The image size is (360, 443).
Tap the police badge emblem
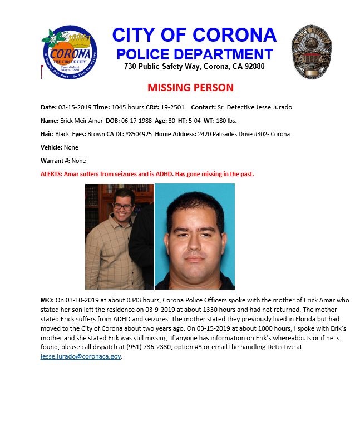tap(312, 51)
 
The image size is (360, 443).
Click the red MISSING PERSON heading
tap(190, 88)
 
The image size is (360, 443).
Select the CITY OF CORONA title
tap(194, 35)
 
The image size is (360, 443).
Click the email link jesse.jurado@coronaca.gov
tap(81, 356)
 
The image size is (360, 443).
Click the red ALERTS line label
tap(53, 174)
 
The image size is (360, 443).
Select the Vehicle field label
tap(51, 147)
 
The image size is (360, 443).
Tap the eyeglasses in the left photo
tap(122, 207)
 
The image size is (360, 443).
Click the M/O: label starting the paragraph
tap(47, 300)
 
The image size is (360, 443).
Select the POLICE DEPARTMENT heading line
tap(194, 54)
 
